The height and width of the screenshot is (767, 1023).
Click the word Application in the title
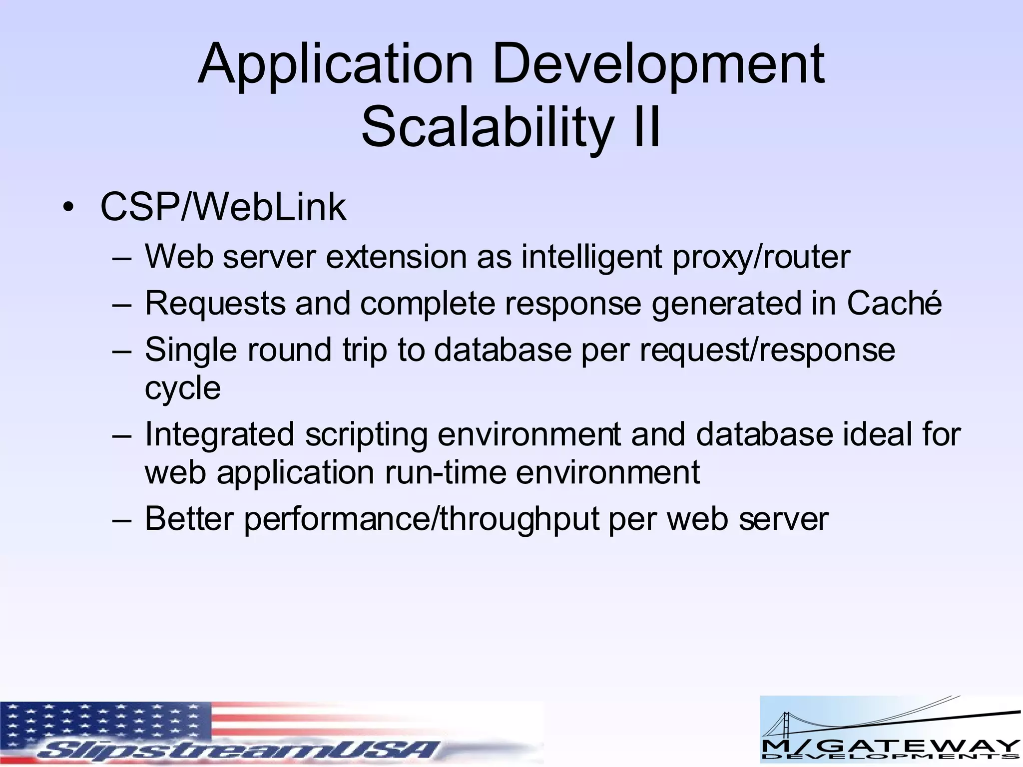tap(335, 65)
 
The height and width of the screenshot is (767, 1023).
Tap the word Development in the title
tap(658, 65)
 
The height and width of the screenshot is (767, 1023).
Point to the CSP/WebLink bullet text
tap(223, 207)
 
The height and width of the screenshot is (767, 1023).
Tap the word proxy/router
tap(761, 257)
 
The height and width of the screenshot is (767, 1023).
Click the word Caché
tap(894, 303)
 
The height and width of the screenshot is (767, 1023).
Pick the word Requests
tap(214, 304)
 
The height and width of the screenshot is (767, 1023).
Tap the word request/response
tap(767, 350)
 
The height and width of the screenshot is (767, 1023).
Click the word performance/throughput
tap(421, 519)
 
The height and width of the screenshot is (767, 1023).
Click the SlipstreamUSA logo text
tap(240, 749)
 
